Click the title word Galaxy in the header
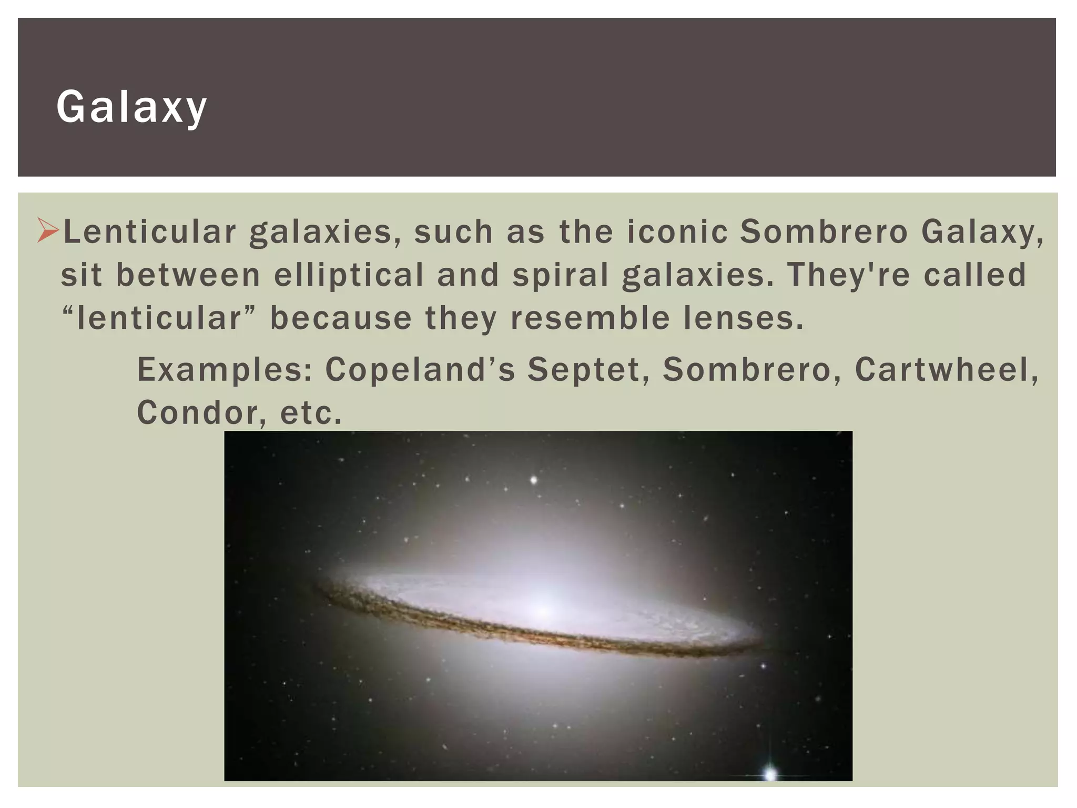point(131,107)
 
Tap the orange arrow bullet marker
point(48,232)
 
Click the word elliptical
point(349,275)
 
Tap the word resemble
point(590,318)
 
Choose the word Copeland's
point(420,369)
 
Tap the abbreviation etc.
point(311,413)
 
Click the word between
point(188,275)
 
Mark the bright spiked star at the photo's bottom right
point(770,773)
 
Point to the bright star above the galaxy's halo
point(534,480)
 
